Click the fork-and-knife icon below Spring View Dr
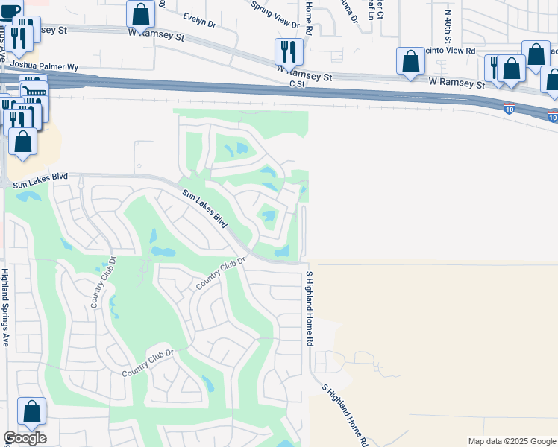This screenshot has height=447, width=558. pos(289,51)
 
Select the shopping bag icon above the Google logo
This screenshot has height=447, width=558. pos(31,410)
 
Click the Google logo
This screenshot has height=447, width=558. pos(25,438)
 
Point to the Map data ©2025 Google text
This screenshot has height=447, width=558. pos(512,441)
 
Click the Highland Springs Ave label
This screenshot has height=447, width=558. pos(5,308)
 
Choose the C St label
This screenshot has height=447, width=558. pos(298,85)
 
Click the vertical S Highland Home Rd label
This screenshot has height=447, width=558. pos(308,308)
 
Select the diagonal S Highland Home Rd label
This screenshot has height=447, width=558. pos(344,415)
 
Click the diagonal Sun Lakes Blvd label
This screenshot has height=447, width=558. pos(206,209)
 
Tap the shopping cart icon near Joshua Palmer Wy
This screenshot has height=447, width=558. pos(32,90)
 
